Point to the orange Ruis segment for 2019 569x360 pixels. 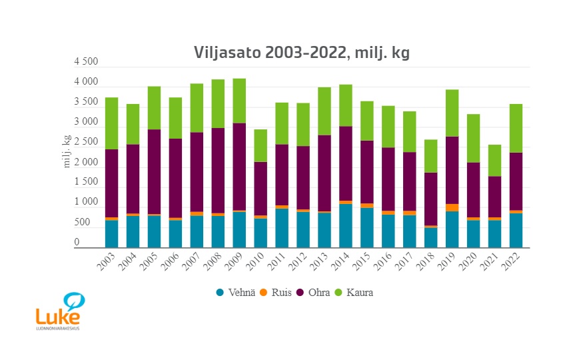(x=452, y=207)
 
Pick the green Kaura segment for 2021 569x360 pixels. (x=495, y=160)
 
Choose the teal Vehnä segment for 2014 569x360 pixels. (x=346, y=225)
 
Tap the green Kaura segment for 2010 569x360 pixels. (x=261, y=145)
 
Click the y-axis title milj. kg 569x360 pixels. (x=67, y=151)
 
